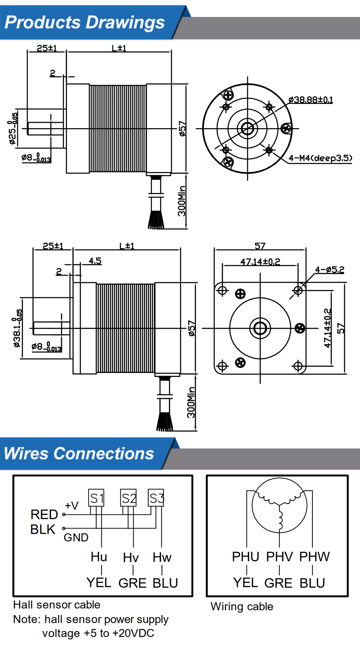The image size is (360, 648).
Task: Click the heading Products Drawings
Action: pyautogui.click(x=85, y=22)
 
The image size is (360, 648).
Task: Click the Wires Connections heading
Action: pyautogui.click(x=79, y=454)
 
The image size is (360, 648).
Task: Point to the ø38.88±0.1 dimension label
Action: pyautogui.click(x=310, y=100)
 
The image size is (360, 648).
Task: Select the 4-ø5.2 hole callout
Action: pyautogui.click(x=329, y=270)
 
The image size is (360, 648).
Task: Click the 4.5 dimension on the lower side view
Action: pyautogui.click(x=95, y=261)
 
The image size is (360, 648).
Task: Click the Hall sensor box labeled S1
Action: pyautogui.click(x=96, y=498)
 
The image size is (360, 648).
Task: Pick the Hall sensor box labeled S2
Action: pyautogui.click(x=129, y=498)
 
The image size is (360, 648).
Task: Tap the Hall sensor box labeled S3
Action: pyautogui.click(x=156, y=498)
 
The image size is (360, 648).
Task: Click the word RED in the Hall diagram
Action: pyautogui.click(x=44, y=514)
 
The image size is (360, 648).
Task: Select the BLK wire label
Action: pyautogui.click(x=43, y=530)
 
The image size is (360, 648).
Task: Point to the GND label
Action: pyautogui.click(x=76, y=537)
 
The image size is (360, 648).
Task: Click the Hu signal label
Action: pyautogui.click(x=99, y=557)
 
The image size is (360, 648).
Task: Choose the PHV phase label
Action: pyautogui.click(x=280, y=557)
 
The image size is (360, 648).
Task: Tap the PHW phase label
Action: pyautogui.click(x=314, y=557)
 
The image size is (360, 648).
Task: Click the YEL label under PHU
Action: pyautogui.click(x=246, y=582)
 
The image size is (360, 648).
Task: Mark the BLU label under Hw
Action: pyautogui.click(x=165, y=583)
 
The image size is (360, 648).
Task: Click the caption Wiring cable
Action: pyautogui.click(x=242, y=607)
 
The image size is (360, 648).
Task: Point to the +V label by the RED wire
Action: pyautogui.click(x=72, y=506)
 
